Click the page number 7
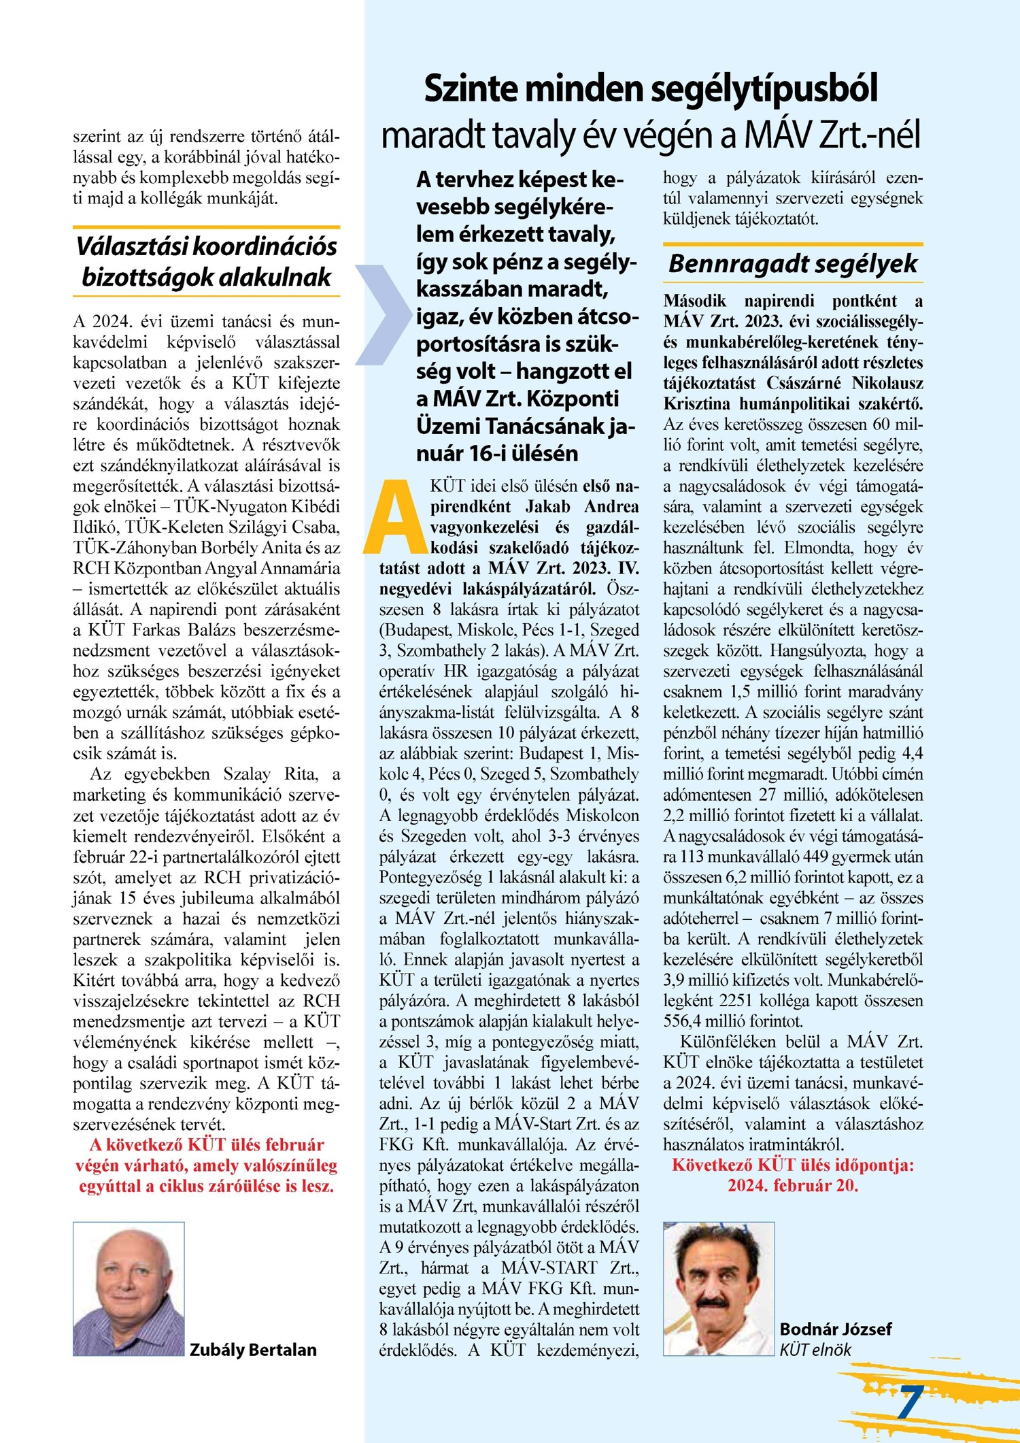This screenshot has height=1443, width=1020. [910, 1401]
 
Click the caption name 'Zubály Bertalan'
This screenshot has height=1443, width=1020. [253, 1349]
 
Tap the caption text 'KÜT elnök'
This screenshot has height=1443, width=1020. [815, 1350]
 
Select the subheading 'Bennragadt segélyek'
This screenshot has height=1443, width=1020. [793, 263]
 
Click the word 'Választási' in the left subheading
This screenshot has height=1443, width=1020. [133, 246]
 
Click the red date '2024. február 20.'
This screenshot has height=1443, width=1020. [793, 1185]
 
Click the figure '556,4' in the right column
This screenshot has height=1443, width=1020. [685, 1021]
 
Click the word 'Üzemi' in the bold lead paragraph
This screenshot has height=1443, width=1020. [451, 426]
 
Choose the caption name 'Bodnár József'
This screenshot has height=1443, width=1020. [835, 1329]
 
